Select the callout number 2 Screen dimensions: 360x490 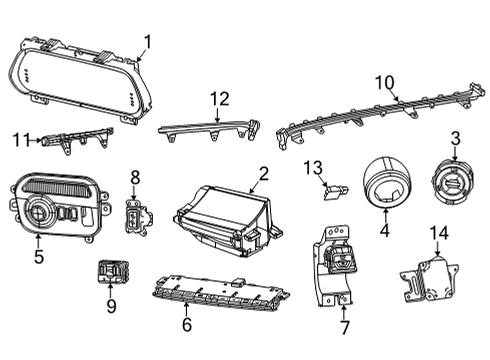click(x=263, y=172)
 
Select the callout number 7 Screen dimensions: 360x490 click(x=343, y=326)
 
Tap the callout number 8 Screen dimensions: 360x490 click(x=135, y=177)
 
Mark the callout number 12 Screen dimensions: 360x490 click(x=219, y=99)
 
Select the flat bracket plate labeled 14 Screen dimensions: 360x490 click(x=427, y=274)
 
